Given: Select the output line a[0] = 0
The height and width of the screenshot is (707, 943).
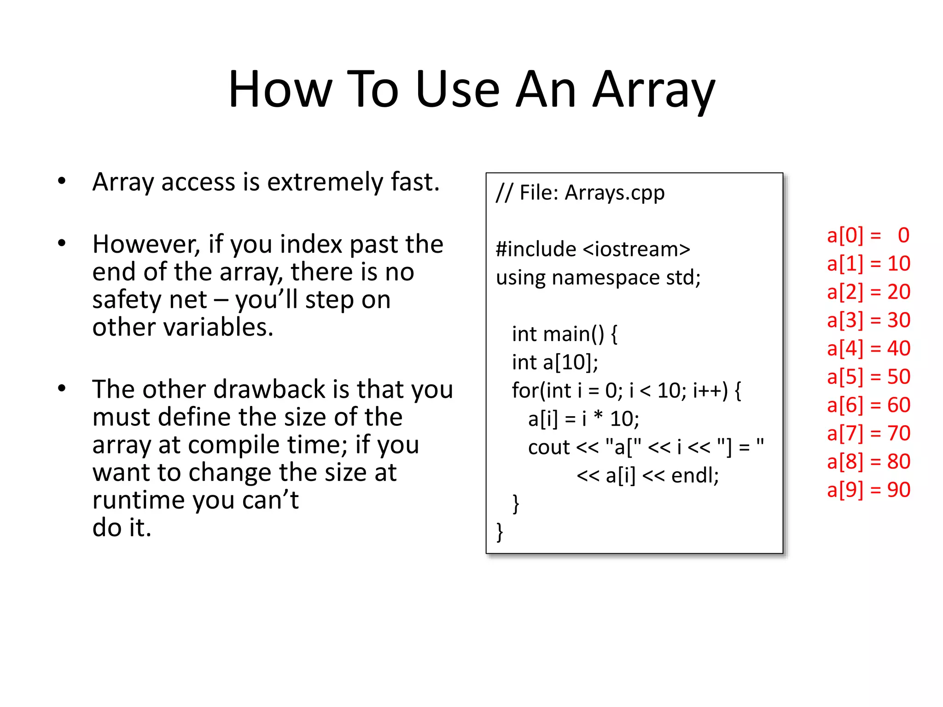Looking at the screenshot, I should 868,235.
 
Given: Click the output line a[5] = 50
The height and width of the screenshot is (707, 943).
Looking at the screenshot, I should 868,377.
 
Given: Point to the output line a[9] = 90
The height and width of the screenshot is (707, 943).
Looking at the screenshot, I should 868,490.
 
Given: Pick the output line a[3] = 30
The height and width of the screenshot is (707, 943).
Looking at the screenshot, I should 868,320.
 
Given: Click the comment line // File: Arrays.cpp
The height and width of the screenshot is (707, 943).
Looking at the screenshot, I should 580,192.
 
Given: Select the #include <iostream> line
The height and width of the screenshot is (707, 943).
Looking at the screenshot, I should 593,249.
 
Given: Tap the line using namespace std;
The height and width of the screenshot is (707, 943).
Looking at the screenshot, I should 598,278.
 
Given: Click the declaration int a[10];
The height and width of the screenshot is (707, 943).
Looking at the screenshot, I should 555,362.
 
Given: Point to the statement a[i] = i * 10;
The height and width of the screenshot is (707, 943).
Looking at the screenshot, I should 583,419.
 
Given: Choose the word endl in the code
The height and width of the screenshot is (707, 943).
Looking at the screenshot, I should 691,475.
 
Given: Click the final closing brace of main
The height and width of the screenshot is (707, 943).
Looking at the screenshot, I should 500,532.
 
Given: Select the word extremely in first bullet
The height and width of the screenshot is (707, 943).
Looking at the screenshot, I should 325,182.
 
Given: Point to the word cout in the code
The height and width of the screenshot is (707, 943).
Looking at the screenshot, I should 548,447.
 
